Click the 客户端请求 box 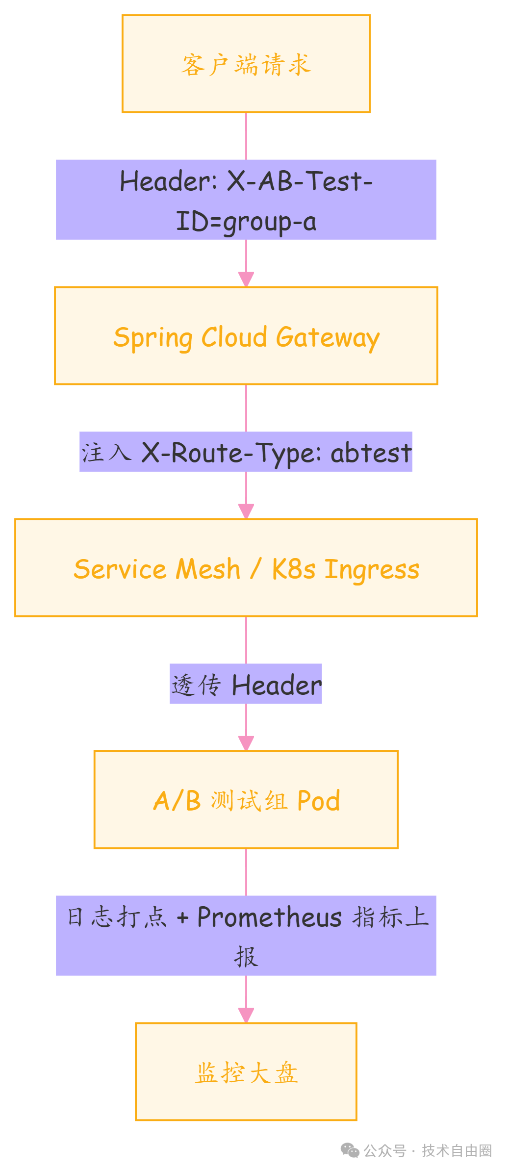click(246, 64)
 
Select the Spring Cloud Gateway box click(246, 336)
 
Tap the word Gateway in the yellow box click(328, 338)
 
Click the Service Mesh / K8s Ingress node click(246, 568)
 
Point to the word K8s click(293, 570)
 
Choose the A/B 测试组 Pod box click(246, 800)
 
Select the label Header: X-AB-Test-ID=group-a click(246, 200)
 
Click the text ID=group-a click(246, 221)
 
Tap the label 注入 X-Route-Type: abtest click(246, 452)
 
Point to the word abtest click(371, 453)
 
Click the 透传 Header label click(246, 684)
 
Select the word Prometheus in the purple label click(269, 917)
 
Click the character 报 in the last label click(246, 956)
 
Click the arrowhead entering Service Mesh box click(246, 511)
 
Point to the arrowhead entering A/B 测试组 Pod click(246, 743)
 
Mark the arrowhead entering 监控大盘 click(246, 1015)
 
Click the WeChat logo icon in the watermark click(350, 1150)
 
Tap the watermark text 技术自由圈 click(457, 1150)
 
